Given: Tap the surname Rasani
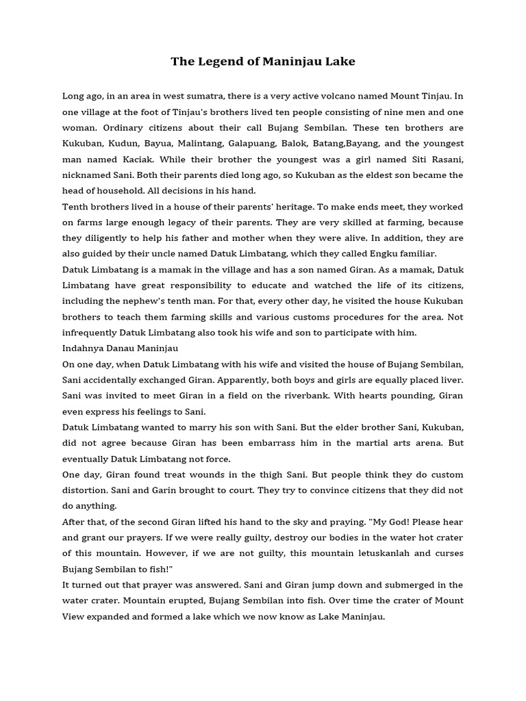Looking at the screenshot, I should [444, 159].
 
